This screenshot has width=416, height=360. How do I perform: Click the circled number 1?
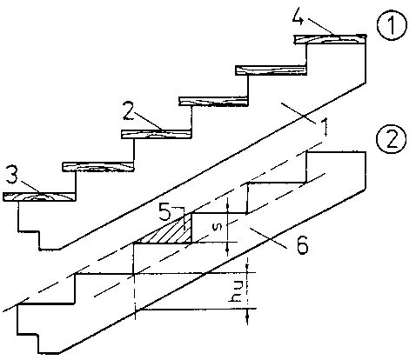tap(392, 25)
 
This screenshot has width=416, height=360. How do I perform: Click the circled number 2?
tap(392, 139)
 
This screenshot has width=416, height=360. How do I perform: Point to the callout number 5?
tap(164, 211)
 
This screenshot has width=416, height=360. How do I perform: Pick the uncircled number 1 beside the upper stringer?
tap(325, 127)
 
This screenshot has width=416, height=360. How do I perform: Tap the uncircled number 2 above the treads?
tap(128, 110)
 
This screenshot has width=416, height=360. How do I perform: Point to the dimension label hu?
tap(236, 291)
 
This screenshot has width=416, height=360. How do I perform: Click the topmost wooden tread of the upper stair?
tap(330, 39)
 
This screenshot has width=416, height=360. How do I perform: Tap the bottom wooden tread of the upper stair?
tap(39, 197)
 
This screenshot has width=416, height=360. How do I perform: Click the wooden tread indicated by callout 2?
tap(156, 134)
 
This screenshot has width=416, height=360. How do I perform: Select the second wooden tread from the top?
tap(271, 70)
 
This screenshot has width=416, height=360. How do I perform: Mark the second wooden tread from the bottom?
tap(98, 167)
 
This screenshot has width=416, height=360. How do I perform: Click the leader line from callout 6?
tap(268, 238)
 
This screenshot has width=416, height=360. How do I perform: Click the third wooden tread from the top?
tap(213, 102)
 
